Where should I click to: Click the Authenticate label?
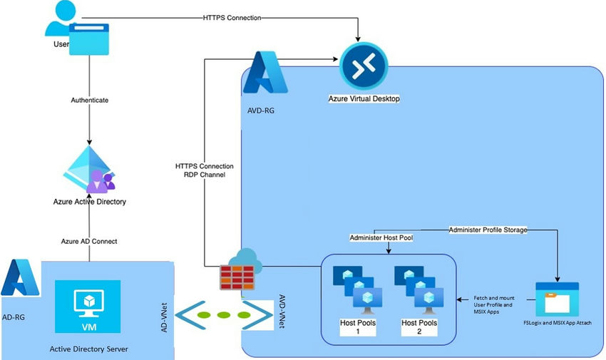(x=89, y=101)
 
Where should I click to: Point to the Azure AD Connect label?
(x=89, y=242)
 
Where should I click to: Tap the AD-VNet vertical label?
(x=164, y=316)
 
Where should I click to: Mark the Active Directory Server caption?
(x=88, y=349)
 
